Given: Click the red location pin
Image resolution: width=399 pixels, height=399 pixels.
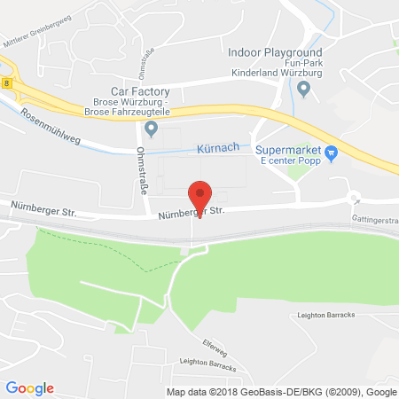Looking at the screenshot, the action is (201, 195).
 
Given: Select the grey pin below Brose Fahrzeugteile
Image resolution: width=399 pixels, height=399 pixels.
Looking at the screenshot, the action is (151, 130).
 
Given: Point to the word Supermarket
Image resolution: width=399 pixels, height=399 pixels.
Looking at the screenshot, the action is (286, 150).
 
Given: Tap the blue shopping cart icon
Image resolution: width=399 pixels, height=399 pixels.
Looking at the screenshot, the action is (331, 153).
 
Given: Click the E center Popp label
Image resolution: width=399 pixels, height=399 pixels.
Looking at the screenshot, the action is (287, 163).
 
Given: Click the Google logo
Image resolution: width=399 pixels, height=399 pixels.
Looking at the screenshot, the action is (30, 387).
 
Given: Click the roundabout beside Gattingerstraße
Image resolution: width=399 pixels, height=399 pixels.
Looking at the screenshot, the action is (356, 197).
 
